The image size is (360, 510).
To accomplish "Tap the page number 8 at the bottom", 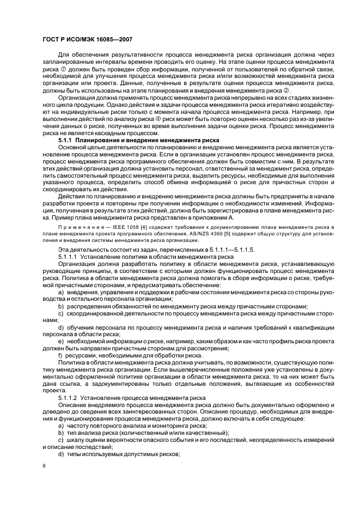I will click(x=44, y=465).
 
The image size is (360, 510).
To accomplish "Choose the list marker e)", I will click(x=61, y=341).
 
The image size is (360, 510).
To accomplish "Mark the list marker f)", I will click(x=60, y=355).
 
